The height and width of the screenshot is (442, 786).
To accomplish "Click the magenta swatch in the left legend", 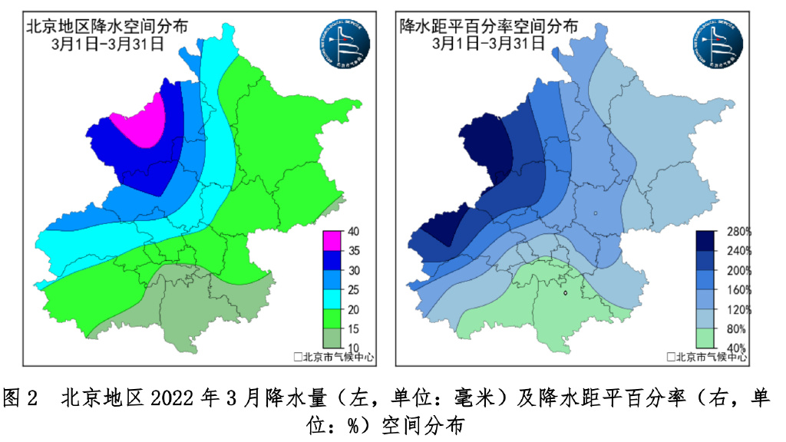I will pyautogui.click(x=335, y=241).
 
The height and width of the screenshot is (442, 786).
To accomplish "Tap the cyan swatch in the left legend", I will pyautogui.click(x=335, y=299).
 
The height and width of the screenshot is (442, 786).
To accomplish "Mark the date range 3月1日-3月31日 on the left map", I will pyautogui.click(x=107, y=43).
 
